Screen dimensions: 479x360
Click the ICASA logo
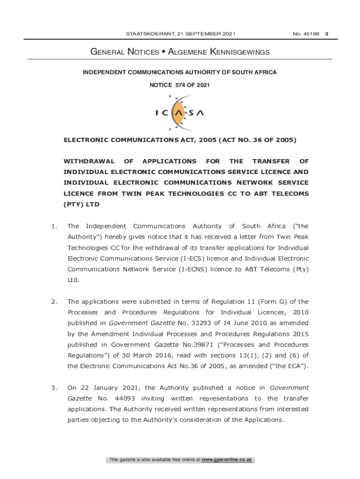pos(180,113)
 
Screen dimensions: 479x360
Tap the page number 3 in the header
pos(327,34)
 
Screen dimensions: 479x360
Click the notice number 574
pos(181,85)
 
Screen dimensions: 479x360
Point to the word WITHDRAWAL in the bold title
pos(89,161)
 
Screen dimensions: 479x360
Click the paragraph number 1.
pos(55,226)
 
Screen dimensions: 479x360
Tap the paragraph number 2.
pos(55,302)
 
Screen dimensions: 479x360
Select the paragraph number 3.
pos(55,387)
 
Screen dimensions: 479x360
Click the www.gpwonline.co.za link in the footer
pos(227,460)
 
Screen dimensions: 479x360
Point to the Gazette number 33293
pos(198,323)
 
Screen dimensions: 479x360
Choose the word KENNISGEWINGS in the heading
pos(240,52)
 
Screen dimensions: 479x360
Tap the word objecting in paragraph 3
pos(103,420)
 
